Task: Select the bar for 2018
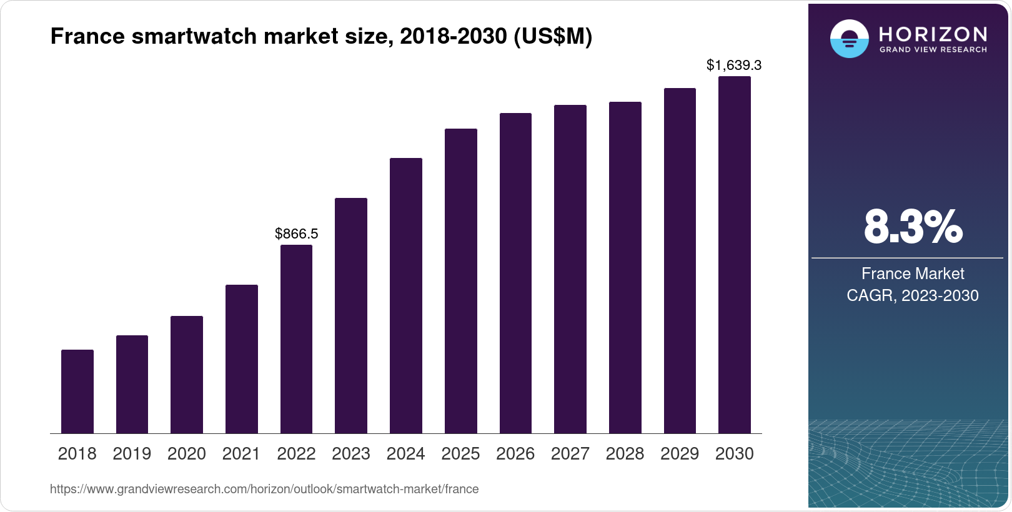tap(77, 391)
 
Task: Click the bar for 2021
tap(242, 359)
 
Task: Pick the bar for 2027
tap(570, 269)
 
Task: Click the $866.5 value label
tap(297, 234)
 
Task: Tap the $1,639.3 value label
tap(734, 65)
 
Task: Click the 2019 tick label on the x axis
tap(132, 454)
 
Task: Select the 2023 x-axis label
tap(351, 454)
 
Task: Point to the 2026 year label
tap(515, 454)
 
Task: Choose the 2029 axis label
tap(680, 454)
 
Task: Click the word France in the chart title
tap(87, 36)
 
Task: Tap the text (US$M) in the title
tap(552, 36)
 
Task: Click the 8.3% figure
tap(913, 227)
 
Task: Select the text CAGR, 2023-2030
tap(913, 295)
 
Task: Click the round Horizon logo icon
tap(849, 39)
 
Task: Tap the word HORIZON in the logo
tap(933, 34)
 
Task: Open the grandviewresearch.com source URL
tap(264, 490)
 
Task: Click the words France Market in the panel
tap(913, 273)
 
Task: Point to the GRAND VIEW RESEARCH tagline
tap(933, 50)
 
